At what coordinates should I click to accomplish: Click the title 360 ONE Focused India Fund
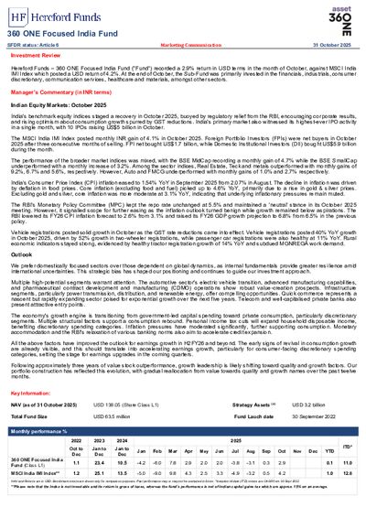tap(58, 33)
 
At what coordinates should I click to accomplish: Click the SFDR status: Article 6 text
tap(37, 44)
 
